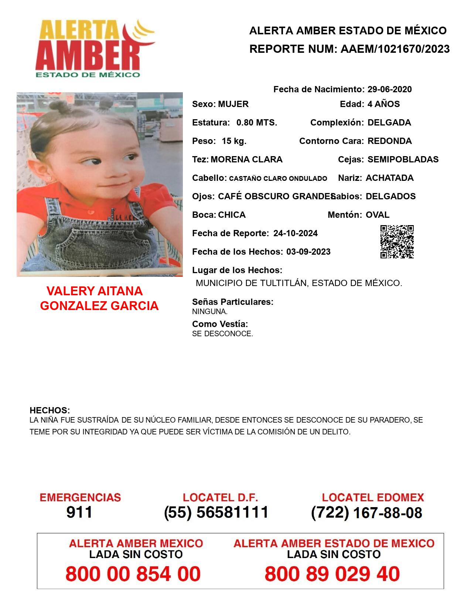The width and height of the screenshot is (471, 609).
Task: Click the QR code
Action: [397, 242]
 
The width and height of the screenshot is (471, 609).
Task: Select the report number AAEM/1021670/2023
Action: [395, 49]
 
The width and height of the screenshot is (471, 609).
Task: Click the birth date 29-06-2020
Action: [389, 89]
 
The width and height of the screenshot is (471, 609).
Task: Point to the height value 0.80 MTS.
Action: [257, 123]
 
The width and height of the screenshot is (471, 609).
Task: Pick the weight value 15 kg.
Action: [234, 141]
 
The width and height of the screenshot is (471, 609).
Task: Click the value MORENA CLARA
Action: [246, 159]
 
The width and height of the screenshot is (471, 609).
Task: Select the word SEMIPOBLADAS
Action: [403, 159]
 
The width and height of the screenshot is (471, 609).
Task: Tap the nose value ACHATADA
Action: [389, 178]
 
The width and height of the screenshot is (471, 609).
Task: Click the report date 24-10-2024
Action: [295, 233]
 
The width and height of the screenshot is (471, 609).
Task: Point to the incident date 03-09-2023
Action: [308, 252]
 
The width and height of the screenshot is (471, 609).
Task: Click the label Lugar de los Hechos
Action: [237, 270]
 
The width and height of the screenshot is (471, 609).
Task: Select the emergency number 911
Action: [79, 512]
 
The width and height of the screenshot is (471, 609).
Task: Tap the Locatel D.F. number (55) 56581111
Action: [216, 512]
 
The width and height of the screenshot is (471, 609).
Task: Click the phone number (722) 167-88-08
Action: [366, 513]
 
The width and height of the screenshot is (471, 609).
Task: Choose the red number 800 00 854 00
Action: [133, 574]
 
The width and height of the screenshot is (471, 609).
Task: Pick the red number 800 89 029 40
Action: [332, 574]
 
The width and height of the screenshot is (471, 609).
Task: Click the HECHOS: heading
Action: [50, 410]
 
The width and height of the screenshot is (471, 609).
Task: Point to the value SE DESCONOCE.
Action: [222, 334]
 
